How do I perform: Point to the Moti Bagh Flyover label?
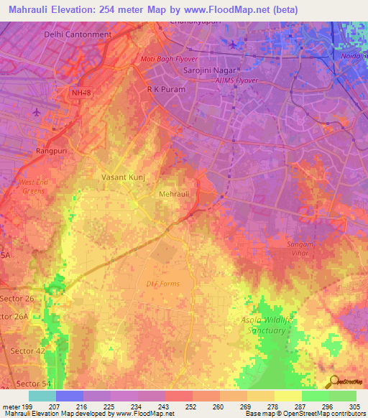tap(168, 59)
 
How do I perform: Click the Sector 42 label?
tap(27, 350)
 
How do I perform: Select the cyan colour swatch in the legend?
tap(42, 396)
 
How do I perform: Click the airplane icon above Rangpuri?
tap(37, 112)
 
